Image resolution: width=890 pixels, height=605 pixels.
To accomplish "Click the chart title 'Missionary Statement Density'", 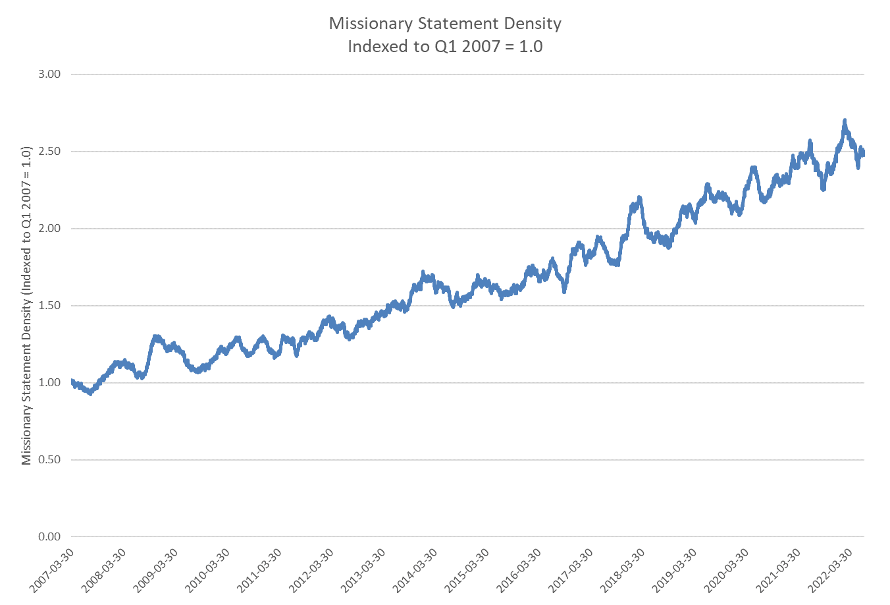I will (445, 24).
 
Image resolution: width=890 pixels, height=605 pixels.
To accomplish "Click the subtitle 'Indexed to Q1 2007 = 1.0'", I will (445, 46).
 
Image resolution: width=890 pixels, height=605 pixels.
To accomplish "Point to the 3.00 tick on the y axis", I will (49, 74).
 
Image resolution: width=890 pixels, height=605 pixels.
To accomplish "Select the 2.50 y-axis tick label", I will (49, 152).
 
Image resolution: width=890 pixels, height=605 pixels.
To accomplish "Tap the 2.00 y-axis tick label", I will (49, 229).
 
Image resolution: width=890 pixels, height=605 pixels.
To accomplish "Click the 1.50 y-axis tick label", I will (49, 306).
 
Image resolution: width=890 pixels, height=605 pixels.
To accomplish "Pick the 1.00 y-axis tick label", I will (49, 383).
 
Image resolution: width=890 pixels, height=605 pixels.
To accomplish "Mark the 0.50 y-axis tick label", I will (49, 460).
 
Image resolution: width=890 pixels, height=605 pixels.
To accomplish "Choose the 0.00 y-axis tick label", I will (49, 537).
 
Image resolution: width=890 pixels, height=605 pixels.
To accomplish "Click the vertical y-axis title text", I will (27, 306).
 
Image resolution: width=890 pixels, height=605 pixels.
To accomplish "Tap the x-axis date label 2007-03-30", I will (52, 569).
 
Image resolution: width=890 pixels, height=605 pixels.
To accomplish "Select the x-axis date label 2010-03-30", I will (207, 569).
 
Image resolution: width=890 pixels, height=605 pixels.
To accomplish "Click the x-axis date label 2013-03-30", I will (363, 569).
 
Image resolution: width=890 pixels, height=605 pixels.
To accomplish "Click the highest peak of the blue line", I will (845, 121).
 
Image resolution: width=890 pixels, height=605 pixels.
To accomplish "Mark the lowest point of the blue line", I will (90, 393).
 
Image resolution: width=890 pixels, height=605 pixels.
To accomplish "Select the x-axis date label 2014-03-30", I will (415, 569).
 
